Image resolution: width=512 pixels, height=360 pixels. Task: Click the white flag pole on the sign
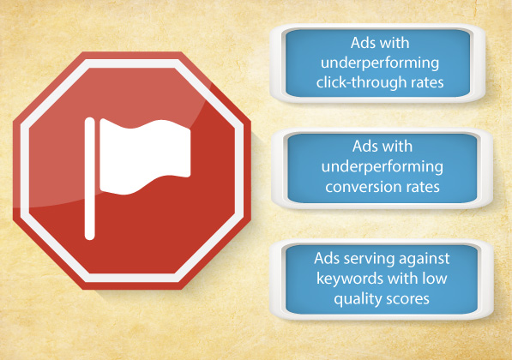pyautogui.click(x=89, y=179)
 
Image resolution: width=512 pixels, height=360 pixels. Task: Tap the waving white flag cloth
pyautogui.click(x=145, y=156)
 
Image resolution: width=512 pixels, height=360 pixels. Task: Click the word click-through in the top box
pyautogui.click(x=361, y=82)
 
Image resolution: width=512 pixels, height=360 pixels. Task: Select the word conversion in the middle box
pyautogui.click(x=361, y=187)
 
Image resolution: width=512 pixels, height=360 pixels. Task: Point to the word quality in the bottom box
pyautogui.click(x=358, y=299)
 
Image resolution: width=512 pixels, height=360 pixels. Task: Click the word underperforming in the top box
pyautogui.click(x=380, y=63)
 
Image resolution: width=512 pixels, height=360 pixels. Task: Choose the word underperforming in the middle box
pyautogui.click(x=382, y=167)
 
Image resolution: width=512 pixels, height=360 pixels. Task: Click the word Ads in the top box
pyautogui.click(x=362, y=43)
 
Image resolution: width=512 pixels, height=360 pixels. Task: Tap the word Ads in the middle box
pyautogui.click(x=364, y=147)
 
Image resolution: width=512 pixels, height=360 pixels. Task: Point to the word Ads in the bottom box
pyautogui.click(x=326, y=259)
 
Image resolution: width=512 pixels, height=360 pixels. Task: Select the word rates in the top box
pyautogui.click(x=427, y=83)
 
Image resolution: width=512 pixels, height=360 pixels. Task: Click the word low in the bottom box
pyautogui.click(x=435, y=279)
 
